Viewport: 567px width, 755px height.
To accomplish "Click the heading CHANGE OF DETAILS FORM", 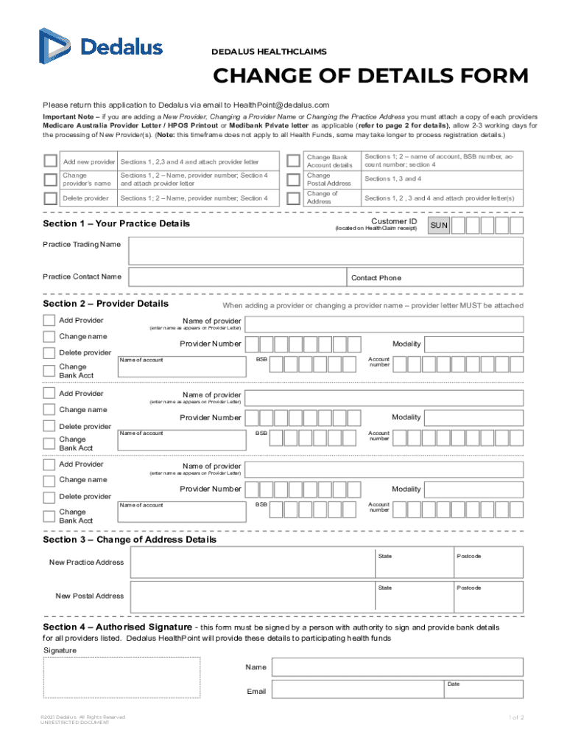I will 370,77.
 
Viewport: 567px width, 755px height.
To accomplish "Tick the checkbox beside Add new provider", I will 50,161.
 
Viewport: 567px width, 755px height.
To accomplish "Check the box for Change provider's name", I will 50,179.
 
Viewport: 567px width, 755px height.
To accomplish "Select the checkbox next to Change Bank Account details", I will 293,161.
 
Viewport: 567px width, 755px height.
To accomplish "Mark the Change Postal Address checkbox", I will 293,179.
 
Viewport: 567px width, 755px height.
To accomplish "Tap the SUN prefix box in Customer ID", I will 439,226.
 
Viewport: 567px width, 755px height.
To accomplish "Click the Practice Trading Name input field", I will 325,251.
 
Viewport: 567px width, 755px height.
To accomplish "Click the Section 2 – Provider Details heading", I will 105,304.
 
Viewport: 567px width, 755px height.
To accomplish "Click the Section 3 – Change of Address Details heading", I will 130,540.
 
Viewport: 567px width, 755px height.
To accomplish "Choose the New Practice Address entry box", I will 250,563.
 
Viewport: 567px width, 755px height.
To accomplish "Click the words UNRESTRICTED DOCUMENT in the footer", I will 75,723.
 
